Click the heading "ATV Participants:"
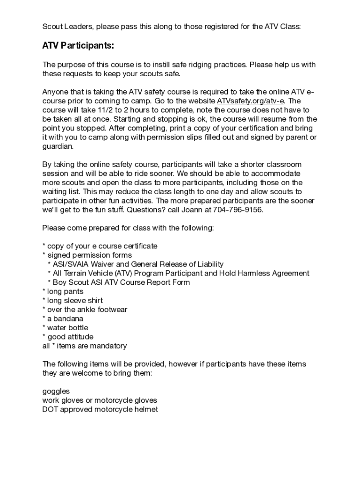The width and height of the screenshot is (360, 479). (78, 46)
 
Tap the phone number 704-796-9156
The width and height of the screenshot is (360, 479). (238, 210)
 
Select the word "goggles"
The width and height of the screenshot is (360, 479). (56, 391)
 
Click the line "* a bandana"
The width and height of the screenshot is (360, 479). (63, 319)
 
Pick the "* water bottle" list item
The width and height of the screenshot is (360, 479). (65, 327)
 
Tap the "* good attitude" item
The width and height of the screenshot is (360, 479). (68, 337)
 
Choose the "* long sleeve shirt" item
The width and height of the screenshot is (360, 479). (72, 300)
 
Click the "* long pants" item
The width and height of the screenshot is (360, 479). (63, 291)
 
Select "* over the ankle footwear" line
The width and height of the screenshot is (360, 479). (85, 310)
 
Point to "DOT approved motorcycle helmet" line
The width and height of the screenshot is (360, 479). (100, 409)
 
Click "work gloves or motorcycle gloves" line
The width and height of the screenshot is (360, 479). (100, 400)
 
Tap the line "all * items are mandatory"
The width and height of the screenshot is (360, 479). (84, 346)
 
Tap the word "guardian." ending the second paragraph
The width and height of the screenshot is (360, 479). (58, 146)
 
